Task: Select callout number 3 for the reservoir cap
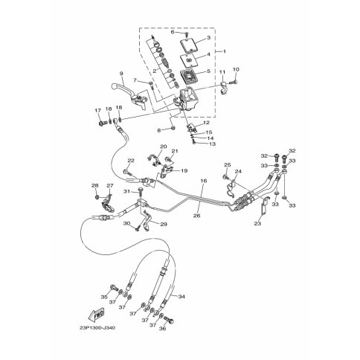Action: pos(208,38)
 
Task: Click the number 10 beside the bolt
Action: pos(237,70)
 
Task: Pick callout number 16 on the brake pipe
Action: pos(202,181)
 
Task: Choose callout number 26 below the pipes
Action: pos(197,216)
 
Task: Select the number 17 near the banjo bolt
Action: pos(97,111)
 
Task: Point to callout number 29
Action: pos(164,224)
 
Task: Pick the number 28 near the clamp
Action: pos(95,185)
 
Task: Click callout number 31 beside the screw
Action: pos(128,191)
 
